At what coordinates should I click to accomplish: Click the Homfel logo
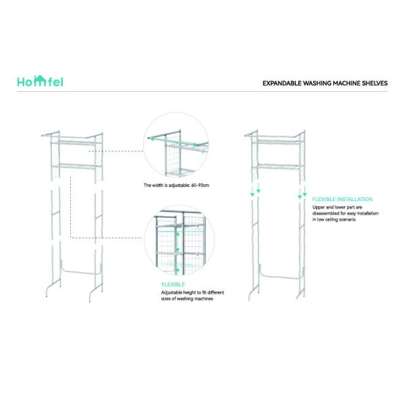[x=40, y=81]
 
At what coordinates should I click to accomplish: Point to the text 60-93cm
[x=200, y=185]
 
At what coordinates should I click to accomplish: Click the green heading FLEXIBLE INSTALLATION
[x=342, y=199]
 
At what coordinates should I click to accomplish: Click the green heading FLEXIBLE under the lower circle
[x=173, y=284]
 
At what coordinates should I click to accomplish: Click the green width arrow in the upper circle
[x=173, y=142]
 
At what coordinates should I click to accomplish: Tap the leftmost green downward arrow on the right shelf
[x=252, y=192]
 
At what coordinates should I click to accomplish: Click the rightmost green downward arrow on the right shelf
[x=305, y=191]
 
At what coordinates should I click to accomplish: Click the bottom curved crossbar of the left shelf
[x=80, y=271]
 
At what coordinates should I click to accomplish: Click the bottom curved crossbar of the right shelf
[x=281, y=276]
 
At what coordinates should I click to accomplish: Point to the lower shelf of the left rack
[x=77, y=166]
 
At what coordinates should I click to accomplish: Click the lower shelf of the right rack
[x=278, y=166]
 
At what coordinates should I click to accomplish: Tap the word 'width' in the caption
[x=158, y=185]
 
